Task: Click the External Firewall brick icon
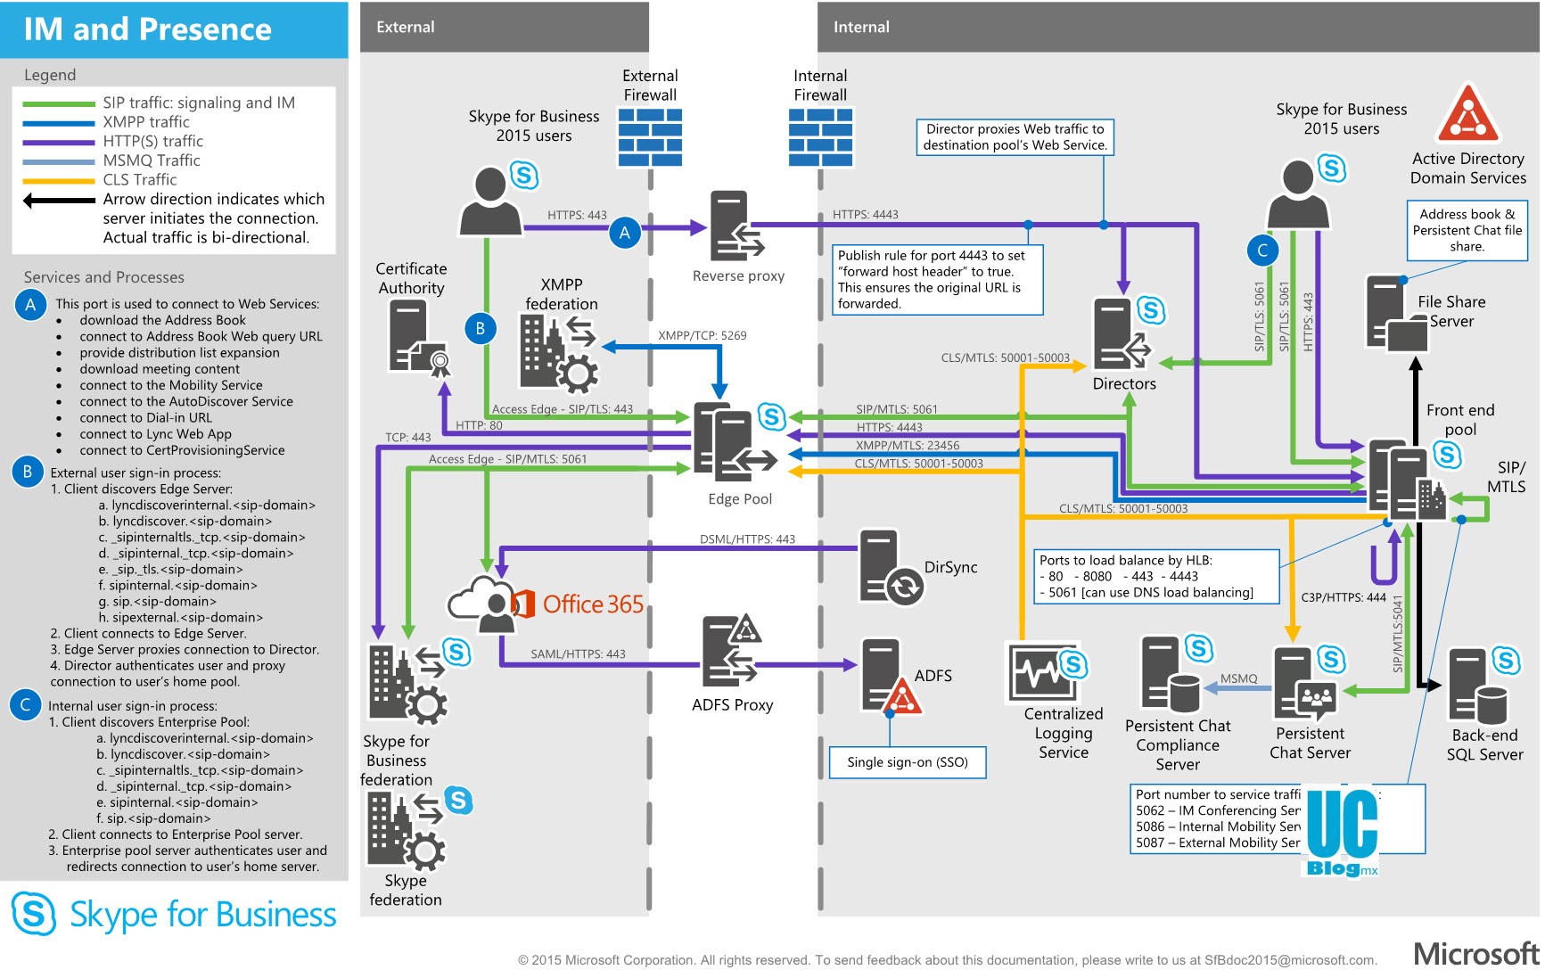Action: (650, 137)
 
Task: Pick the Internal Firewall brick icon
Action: (820, 137)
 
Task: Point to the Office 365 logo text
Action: (593, 604)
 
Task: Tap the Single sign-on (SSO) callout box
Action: (907, 762)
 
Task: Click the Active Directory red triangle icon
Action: (1467, 116)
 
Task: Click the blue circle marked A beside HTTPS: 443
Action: (625, 233)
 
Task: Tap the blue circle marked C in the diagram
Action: (1261, 251)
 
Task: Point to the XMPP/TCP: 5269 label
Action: (702, 335)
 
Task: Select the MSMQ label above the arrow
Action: (1238, 678)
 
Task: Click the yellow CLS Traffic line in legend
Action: (59, 180)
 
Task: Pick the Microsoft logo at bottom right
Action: (1475, 954)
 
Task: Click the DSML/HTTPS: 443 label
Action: (747, 539)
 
